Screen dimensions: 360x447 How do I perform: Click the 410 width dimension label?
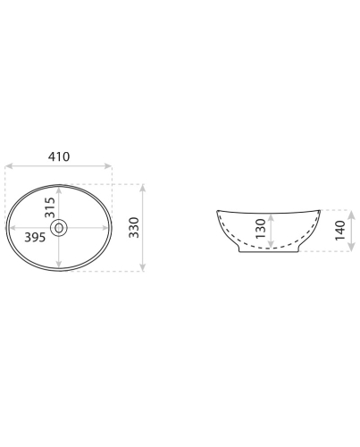(59, 156)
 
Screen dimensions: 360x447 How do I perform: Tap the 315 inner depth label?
(50, 207)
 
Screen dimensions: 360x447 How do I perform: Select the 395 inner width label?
(35, 238)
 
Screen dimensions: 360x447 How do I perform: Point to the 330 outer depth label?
(134, 228)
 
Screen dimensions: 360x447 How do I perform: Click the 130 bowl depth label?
(261, 229)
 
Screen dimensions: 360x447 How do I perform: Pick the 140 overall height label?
(340, 231)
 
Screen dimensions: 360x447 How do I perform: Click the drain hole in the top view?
(59, 228)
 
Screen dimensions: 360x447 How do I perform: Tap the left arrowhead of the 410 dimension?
(9, 166)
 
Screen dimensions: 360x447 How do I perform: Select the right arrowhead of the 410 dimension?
(108, 166)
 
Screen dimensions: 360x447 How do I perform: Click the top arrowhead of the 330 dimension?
(143, 188)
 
